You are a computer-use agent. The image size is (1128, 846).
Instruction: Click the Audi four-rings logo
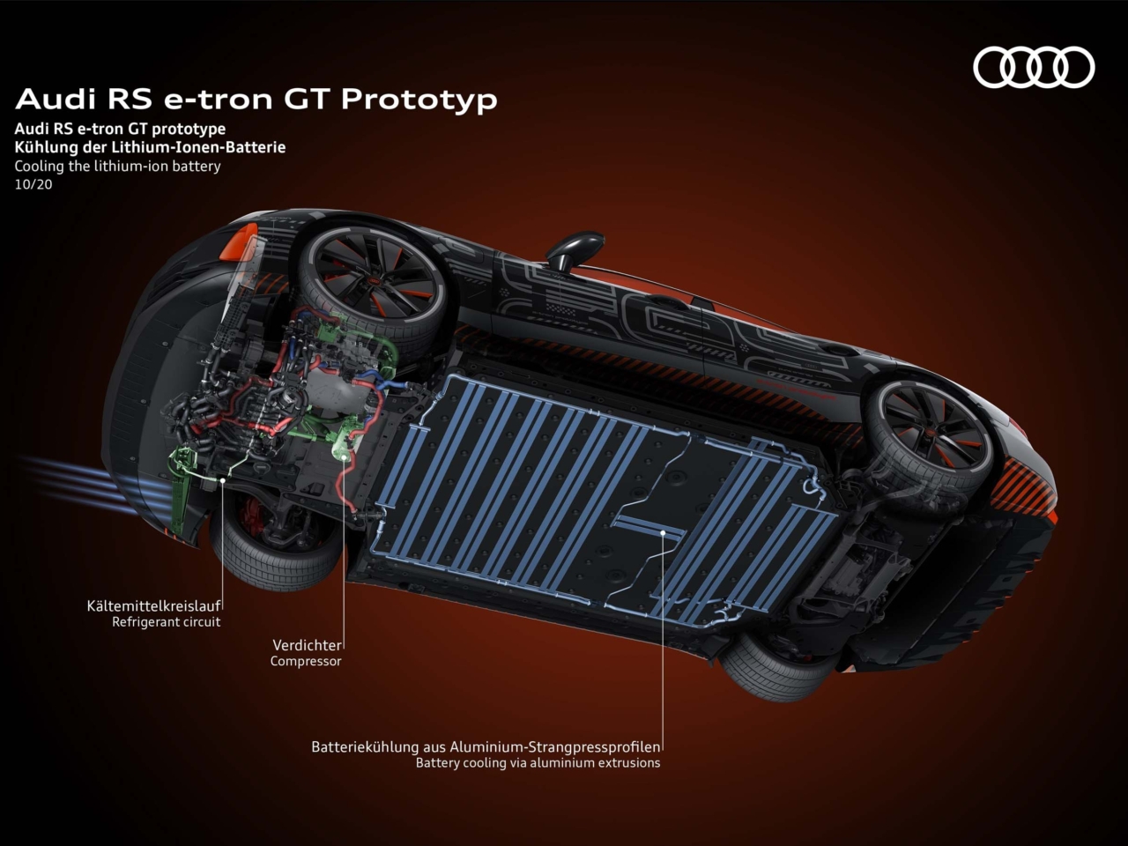click(1033, 68)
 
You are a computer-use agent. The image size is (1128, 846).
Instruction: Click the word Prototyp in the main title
click(419, 100)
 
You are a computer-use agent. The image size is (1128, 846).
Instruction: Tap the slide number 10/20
click(33, 184)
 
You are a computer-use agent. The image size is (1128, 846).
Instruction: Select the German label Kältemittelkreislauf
click(153, 605)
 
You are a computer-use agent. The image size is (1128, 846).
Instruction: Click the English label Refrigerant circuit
click(166, 622)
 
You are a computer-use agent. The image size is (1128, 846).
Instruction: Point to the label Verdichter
click(306, 645)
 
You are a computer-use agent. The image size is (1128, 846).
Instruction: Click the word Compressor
click(305, 661)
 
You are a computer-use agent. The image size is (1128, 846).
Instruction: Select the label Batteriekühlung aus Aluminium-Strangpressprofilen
click(486, 746)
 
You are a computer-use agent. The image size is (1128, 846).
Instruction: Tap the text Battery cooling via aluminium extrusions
click(538, 763)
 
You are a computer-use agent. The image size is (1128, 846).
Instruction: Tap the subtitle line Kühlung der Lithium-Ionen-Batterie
click(150, 147)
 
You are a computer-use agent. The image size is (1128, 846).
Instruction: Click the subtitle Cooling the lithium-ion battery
click(117, 166)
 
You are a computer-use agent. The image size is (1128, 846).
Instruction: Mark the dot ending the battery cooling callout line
click(663, 531)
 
